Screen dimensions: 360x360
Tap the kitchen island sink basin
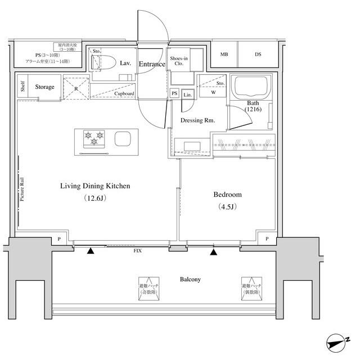pyautogui.click(x=123, y=138)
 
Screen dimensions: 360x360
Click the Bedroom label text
pyautogui.click(x=227, y=195)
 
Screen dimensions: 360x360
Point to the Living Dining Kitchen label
pyautogui.click(x=96, y=186)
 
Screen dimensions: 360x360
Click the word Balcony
pyautogui.click(x=190, y=279)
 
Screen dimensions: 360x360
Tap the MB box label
pyautogui.click(x=224, y=55)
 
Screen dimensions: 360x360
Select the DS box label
pyautogui.click(x=258, y=55)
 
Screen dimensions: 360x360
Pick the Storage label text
pyautogui.click(x=44, y=87)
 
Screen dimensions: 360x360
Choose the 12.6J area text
pyautogui.click(x=96, y=198)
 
